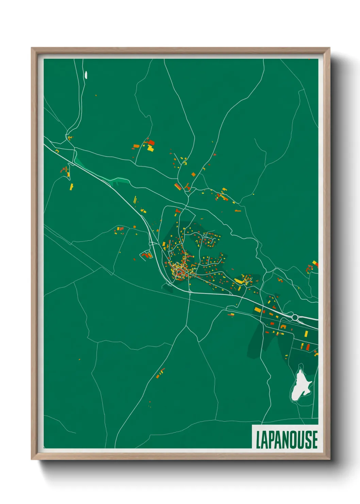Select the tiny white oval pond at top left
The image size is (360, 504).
coord(86,75)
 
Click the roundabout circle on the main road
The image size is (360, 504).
coord(295,318)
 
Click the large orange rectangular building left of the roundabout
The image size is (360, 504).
coord(258,310)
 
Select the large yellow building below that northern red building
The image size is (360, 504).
coord(150,148)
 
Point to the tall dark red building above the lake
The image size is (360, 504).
coord(308,347)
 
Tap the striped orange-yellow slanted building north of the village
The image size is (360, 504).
coord(178,187)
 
